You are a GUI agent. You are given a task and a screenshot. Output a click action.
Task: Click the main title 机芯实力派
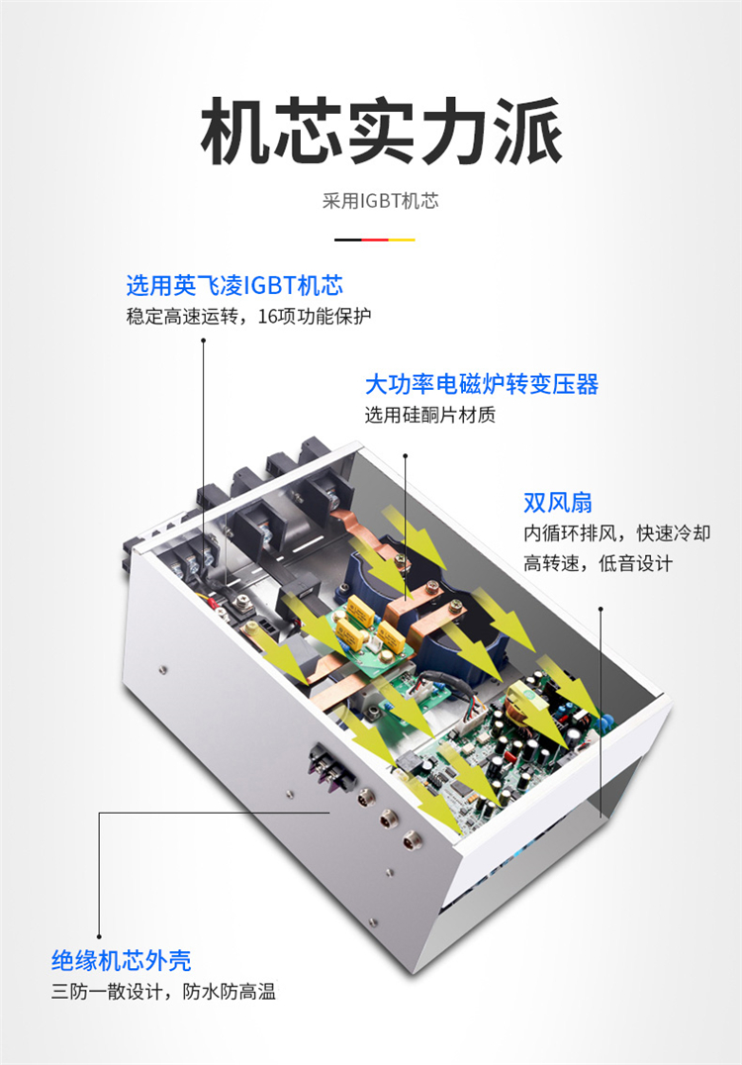[381, 131]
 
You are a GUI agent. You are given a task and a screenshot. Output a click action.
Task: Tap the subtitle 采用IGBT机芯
[380, 201]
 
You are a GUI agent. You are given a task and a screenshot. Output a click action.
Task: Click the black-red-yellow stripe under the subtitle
[375, 240]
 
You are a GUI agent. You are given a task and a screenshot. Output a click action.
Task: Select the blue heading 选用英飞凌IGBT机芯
[234, 285]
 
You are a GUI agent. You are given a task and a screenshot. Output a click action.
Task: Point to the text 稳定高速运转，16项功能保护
[248, 317]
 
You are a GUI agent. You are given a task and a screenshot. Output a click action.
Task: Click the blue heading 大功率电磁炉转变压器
[482, 384]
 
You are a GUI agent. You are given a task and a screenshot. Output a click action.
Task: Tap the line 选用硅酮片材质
[430, 415]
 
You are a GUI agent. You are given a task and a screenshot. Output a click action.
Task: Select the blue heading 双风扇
[558, 503]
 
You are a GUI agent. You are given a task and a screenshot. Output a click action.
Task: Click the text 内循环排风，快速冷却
[617, 533]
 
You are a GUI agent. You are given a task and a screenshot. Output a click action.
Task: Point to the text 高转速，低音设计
[599, 563]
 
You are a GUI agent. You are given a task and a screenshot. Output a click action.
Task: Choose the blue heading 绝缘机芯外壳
[122, 960]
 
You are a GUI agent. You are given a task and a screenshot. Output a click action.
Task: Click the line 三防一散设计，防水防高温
[163, 992]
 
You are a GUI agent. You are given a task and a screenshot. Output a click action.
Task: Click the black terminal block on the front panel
[330, 769]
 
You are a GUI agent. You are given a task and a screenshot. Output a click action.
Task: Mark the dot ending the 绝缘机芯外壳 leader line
[99, 936]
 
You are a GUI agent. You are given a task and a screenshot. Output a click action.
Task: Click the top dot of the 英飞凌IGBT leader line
[203, 340]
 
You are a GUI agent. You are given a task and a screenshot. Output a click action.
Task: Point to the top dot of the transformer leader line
[406, 455]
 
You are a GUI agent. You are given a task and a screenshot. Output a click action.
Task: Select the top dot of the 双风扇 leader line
[601, 609]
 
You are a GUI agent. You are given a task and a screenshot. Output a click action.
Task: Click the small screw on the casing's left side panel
[163, 670]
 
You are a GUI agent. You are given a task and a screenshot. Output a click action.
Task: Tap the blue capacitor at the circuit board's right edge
[603, 723]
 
